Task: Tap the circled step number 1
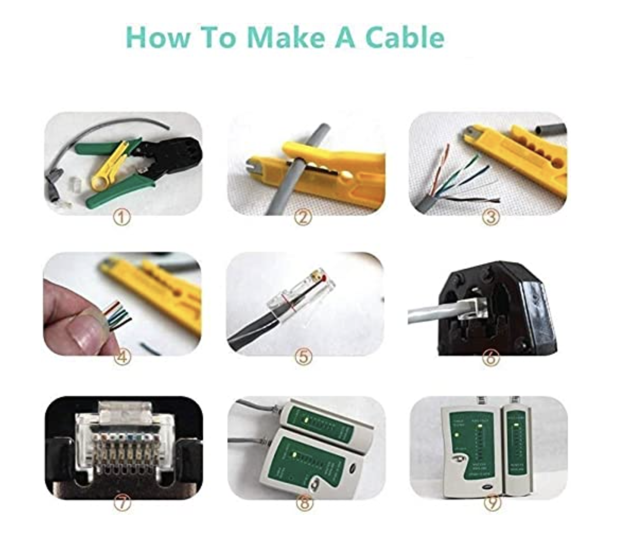pos(122,217)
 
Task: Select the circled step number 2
pos(303,217)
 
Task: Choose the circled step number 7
pos(122,503)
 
